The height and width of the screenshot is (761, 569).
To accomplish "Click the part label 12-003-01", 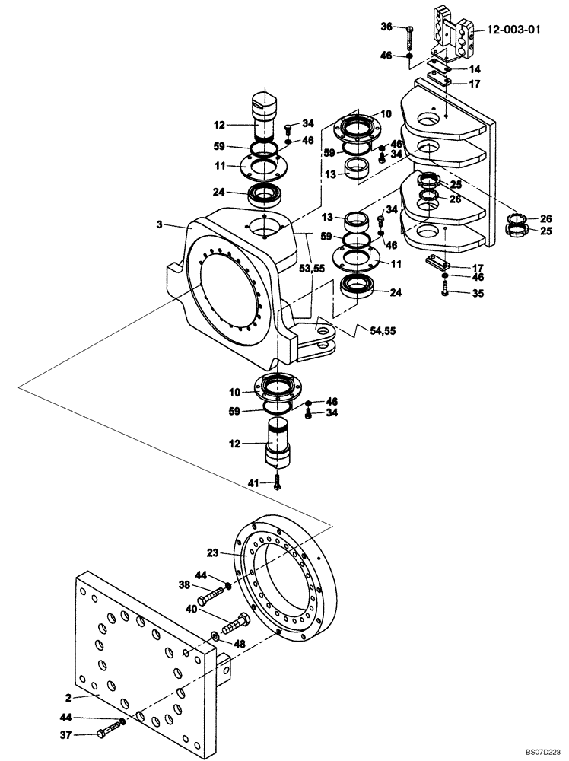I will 514,31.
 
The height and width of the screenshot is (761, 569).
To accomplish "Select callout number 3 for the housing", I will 160,224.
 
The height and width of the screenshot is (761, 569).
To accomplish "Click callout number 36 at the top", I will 387,27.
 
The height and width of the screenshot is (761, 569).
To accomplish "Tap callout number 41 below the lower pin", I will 253,481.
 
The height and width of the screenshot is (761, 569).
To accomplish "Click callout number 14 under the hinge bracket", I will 475,68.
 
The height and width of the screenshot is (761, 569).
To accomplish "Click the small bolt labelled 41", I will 277,481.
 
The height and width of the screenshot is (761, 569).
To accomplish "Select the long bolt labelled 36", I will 410,37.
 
